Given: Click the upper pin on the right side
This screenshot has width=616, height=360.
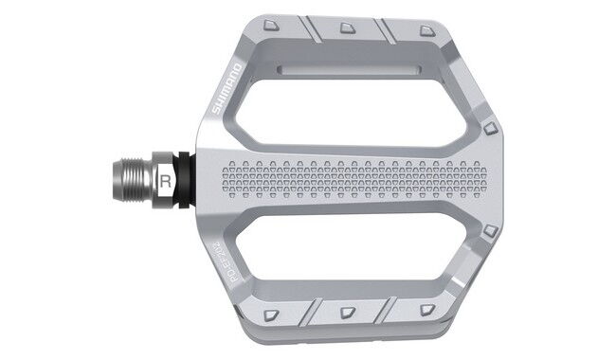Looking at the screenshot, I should coord(490,127).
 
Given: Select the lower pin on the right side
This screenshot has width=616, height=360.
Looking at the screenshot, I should coord(490,230).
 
